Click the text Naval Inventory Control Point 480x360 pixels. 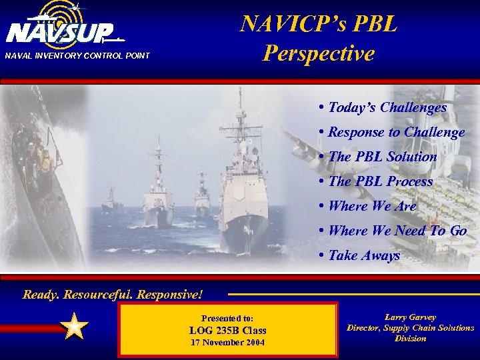point(77,55)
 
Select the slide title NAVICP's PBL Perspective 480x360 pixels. point(319,38)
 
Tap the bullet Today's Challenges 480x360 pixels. point(383,107)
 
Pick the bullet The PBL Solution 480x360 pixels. point(378,157)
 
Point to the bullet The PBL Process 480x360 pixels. point(376,181)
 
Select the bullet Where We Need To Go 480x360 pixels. point(393,231)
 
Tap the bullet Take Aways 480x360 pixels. point(359,255)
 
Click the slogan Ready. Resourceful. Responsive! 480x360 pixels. point(112,293)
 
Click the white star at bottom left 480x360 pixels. point(75,327)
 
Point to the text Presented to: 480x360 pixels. point(227,318)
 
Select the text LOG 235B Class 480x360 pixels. point(227,330)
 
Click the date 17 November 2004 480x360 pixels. point(227,343)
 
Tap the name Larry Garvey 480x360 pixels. point(410,317)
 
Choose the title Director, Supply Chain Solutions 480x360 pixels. point(410,328)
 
